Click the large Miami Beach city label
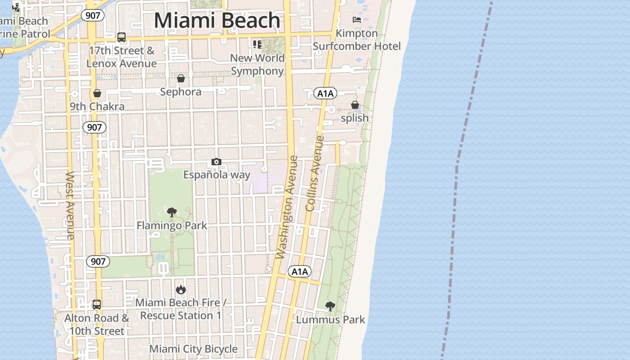(217, 21)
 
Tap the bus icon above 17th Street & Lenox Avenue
(121, 37)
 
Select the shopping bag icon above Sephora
(181, 79)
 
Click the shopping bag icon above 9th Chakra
(97, 94)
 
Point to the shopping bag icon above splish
(355, 105)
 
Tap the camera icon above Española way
(216, 162)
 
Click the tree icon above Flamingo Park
(171, 212)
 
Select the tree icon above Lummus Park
(330, 307)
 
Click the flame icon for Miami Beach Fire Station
(181, 289)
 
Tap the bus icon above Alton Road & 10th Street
(97, 305)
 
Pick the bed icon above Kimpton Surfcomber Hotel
(357, 20)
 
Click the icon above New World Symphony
(257, 45)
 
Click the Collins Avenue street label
(315, 173)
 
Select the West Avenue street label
(70, 205)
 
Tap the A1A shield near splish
(325, 94)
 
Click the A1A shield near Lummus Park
(300, 271)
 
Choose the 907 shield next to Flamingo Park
(98, 261)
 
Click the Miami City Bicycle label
(193, 349)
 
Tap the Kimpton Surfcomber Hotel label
(357, 40)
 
